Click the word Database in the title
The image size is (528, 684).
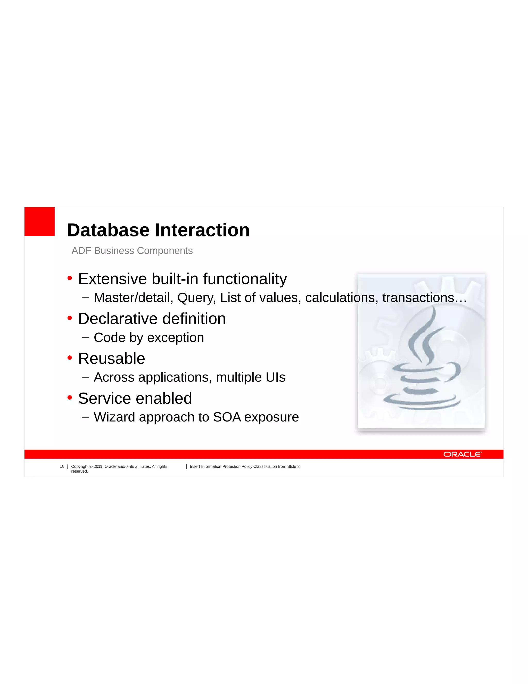click(x=108, y=230)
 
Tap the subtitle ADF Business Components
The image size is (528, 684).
click(x=132, y=251)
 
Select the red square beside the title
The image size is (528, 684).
click(x=39, y=221)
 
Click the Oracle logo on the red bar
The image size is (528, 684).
click(x=462, y=454)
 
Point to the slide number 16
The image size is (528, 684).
click(x=62, y=466)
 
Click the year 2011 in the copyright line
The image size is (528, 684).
click(x=98, y=467)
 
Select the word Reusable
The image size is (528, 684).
click(x=111, y=358)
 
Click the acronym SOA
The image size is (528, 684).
click(x=227, y=417)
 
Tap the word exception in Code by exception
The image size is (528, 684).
click(x=176, y=338)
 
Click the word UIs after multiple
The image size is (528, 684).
click(x=275, y=377)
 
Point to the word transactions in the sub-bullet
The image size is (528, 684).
click(x=418, y=298)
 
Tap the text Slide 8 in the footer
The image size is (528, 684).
click(x=293, y=467)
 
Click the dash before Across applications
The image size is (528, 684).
click(x=85, y=377)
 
